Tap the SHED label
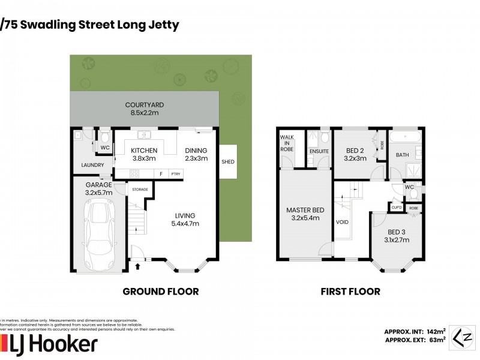click(x=228, y=162)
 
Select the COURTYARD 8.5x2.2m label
click(x=145, y=109)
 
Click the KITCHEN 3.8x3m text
click(x=144, y=154)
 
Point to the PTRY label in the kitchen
click(x=176, y=174)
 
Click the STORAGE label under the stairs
click(x=140, y=189)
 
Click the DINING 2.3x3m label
click(x=196, y=154)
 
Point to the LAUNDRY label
click(x=93, y=165)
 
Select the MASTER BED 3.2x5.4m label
click(x=305, y=214)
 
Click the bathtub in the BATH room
click(x=406, y=137)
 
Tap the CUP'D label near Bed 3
click(x=397, y=208)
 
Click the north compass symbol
click(x=460, y=335)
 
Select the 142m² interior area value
click(x=436, y=331)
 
